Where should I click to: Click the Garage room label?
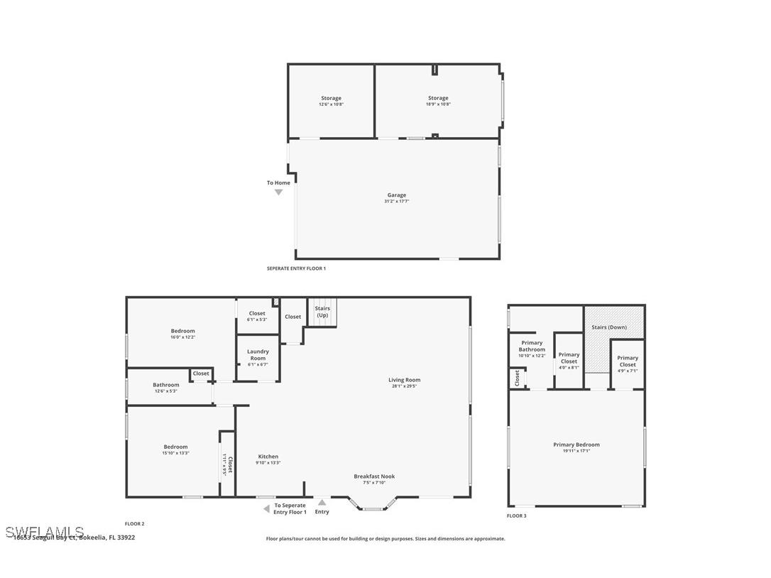396,195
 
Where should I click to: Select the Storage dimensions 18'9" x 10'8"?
438,104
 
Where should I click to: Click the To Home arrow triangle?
278,192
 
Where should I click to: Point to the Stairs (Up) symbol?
322,312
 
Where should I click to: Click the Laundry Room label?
258,354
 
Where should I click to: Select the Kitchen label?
268,457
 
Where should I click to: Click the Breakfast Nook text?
374,476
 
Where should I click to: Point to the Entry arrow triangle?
322,503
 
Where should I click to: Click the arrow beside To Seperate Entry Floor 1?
266,508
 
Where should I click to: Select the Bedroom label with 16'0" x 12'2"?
182,331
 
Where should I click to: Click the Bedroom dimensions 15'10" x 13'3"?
175,453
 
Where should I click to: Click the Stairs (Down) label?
609,327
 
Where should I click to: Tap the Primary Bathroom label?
532,347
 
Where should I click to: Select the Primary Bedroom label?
576,445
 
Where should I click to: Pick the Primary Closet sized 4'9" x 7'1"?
628,361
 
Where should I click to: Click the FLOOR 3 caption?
516,516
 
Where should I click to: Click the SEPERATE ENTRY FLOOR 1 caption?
296,268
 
